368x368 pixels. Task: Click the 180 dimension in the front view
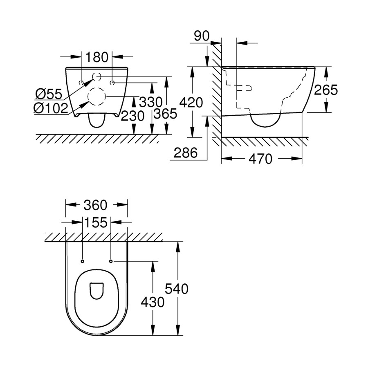[97, 56]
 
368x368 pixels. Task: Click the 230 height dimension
[132, 116]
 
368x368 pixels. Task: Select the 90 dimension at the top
[202, 36]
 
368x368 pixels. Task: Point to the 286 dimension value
[186, 153]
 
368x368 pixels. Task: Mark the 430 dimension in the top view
[152, 302]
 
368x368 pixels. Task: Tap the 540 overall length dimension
[177, 289]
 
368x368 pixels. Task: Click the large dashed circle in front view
[97, 96]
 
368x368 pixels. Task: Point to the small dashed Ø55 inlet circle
[97, 76]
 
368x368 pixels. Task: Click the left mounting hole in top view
[83, 260]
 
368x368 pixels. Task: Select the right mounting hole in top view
[111, 260]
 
